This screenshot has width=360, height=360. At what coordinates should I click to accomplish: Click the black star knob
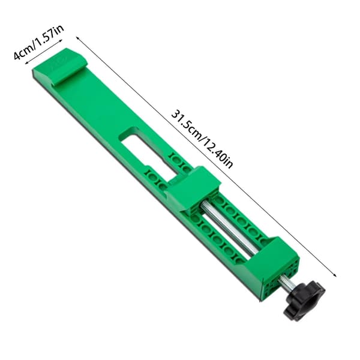pos(304,301)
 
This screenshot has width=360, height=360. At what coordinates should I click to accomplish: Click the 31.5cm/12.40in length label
pos(202,139)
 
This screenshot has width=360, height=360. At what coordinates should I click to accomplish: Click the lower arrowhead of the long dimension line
pos(335,274)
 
